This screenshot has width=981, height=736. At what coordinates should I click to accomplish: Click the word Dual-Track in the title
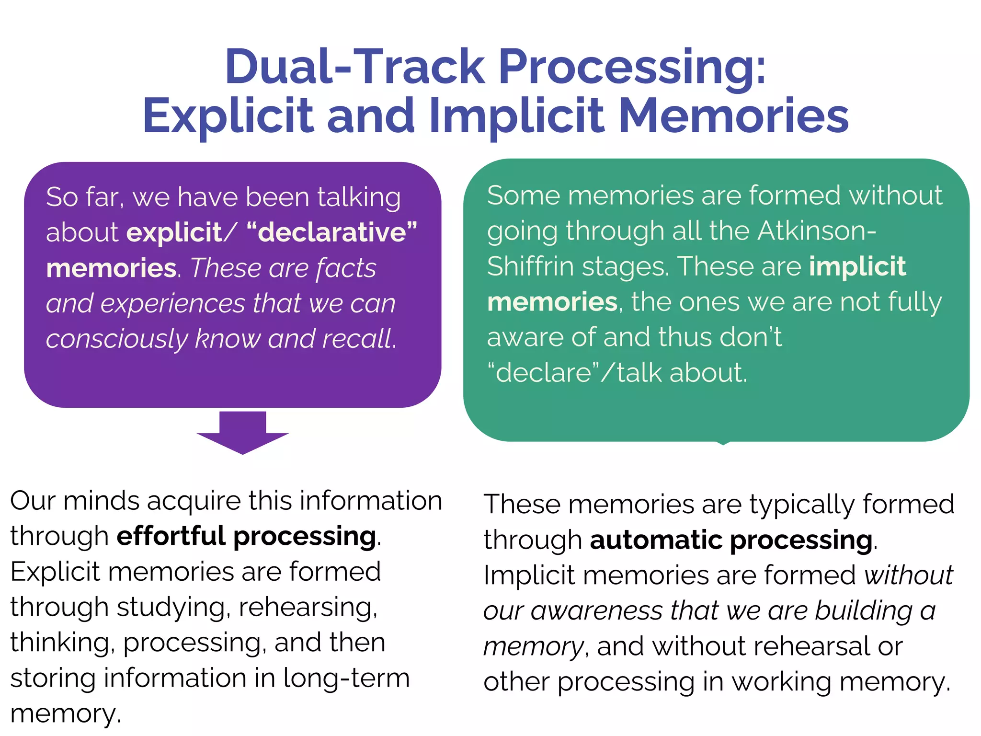point(355,67)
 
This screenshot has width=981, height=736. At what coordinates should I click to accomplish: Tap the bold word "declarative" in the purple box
point(332,233)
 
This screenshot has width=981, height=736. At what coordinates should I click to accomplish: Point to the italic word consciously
point(117,339)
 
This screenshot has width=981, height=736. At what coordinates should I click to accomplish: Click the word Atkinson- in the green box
point(817,231)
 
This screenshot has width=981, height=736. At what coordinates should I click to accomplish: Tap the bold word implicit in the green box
point(857,266)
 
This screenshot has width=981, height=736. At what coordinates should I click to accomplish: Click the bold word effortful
point(171,536)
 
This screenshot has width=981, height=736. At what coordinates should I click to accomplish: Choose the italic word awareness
point(596,611)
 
